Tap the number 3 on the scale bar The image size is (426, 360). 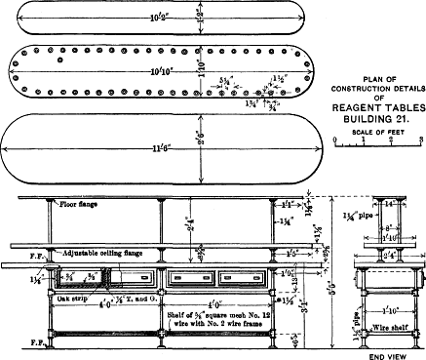click(419, 140)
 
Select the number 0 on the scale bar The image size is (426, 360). click(335, 140)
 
